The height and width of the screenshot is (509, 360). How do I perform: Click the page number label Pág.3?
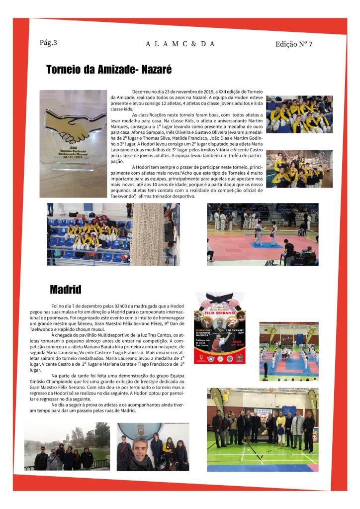[48, 43]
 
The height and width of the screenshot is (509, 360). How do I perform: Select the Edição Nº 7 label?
[294, 44]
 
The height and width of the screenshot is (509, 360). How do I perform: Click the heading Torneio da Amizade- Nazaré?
[108, 70]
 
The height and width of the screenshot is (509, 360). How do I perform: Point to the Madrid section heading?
[65, 289]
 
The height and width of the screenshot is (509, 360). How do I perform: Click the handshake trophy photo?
[73, 143]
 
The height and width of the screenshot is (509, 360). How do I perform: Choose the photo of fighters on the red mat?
[263, 234]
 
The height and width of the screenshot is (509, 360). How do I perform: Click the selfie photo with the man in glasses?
[153, 446]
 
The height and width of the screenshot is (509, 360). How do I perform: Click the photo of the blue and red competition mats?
[288, 351]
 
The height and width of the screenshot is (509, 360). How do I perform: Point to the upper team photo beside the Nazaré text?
[292, 114]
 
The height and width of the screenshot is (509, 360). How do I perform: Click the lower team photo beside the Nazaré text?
[292, 169]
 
